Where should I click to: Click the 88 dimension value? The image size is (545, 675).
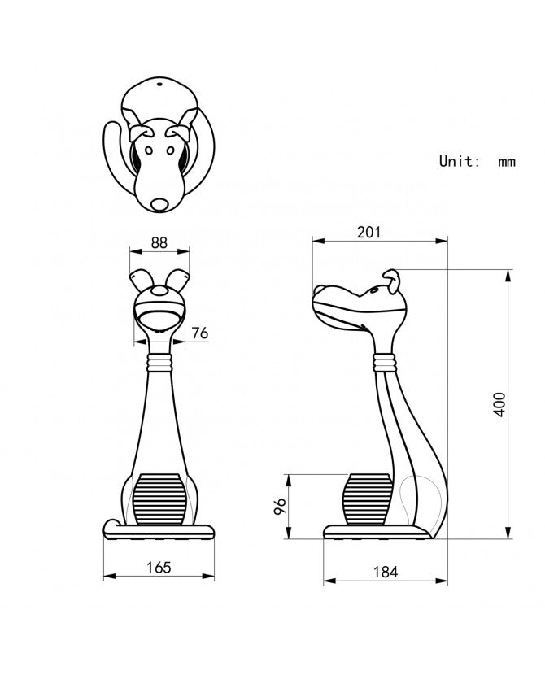pos(159,243)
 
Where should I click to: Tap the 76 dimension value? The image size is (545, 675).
pos(200,333)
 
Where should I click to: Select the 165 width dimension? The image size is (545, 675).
pos(159,568)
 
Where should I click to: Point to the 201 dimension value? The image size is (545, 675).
pos(369,232)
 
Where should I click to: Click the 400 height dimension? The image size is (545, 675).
pos(499,404)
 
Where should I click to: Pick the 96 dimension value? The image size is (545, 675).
pos(280,506)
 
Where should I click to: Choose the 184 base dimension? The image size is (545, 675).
pos(386,572)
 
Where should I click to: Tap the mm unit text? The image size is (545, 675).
pos(507,163)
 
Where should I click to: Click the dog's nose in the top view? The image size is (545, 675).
pos(159,204)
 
